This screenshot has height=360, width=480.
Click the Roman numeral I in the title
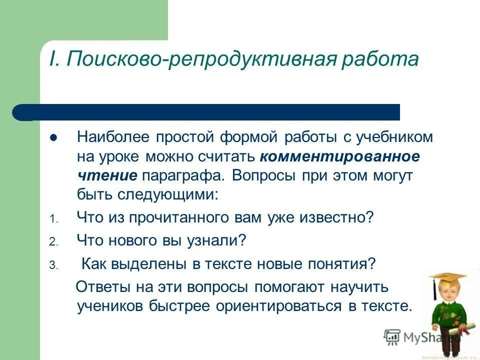click(53, 59)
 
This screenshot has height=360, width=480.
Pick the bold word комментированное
click(339, 156)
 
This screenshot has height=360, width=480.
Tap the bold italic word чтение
click(107, 175)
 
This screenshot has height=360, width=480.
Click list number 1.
click(54, 219)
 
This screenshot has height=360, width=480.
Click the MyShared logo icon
click(392, 336)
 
